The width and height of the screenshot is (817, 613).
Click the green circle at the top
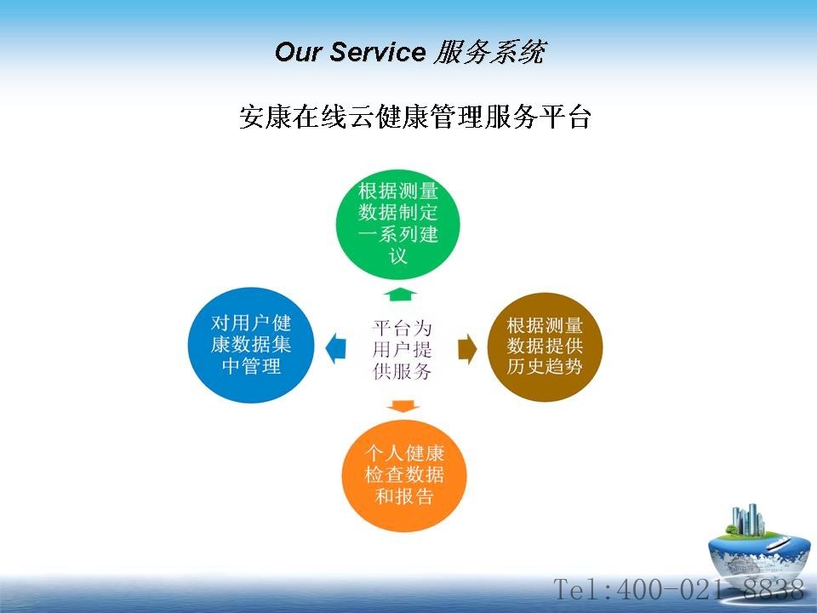pos(397,224)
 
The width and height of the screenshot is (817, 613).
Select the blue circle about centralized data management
pos(250,345)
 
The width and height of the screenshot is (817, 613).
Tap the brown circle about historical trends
pos(545,347)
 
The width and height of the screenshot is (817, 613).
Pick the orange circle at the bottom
pos(403,475)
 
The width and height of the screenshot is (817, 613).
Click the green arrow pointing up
pos(400,295)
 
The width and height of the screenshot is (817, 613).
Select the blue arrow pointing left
pos(335,347)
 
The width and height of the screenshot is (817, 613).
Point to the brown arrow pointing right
pos(467,349)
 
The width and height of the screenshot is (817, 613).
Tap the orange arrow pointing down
pos(403,406)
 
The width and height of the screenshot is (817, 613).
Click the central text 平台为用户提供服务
pos(402,349)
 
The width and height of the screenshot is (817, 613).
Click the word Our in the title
pos(298,52)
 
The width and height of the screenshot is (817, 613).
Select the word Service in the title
pos(378,52)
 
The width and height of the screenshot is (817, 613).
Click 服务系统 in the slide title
pos(489,52)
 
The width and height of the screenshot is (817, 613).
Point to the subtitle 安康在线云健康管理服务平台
pos(414,117)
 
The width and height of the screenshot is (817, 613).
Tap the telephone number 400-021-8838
pos(710,589)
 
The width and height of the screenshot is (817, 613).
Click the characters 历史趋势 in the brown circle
pos(545,367)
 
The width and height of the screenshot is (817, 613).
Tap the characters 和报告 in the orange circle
pos(403,496)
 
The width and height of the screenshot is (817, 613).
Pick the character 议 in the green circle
pos(397,256)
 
